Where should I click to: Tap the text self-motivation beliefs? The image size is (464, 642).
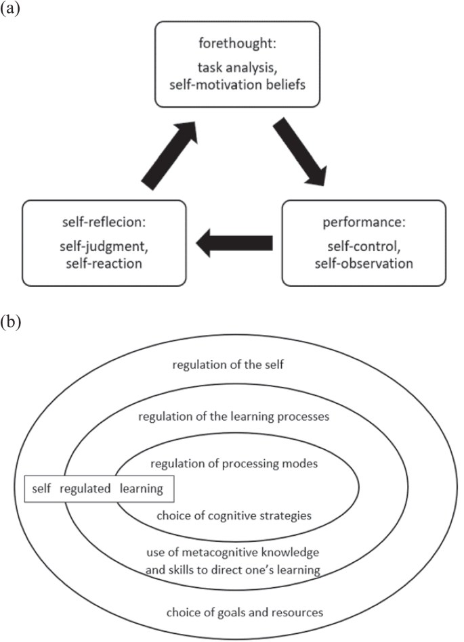236,83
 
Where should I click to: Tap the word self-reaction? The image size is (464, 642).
100,262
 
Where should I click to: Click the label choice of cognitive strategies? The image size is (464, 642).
234,515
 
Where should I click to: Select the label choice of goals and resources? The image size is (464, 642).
245,613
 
